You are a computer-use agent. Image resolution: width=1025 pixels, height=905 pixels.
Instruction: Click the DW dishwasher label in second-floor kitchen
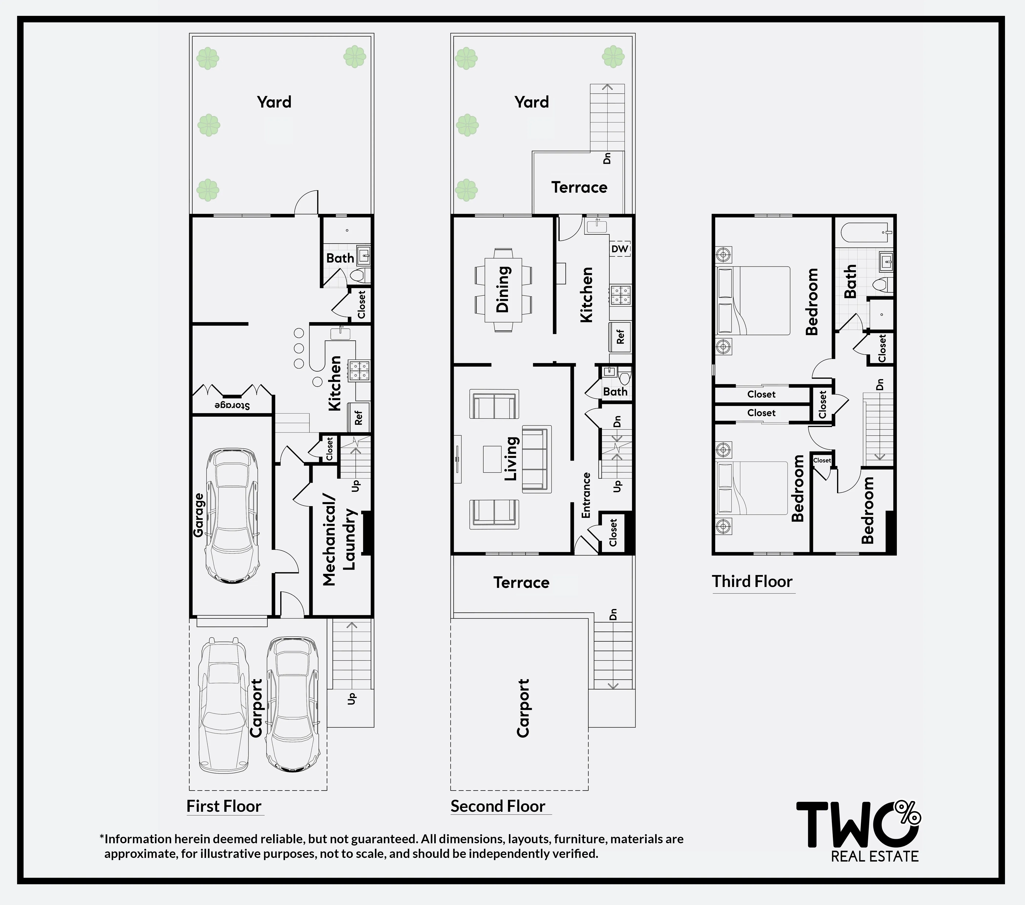pos(620,249)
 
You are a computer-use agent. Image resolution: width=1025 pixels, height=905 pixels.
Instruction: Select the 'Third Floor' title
pos(752,582)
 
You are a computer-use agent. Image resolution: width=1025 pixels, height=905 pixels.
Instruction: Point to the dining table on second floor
pos(503,290)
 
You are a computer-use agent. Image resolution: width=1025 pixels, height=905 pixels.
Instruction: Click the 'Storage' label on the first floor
pos(232,405)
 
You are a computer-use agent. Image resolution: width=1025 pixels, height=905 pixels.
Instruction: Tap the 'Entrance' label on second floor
pos(586,495)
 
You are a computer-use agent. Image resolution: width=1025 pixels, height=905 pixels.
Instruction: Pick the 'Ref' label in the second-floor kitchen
pos(620,336)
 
